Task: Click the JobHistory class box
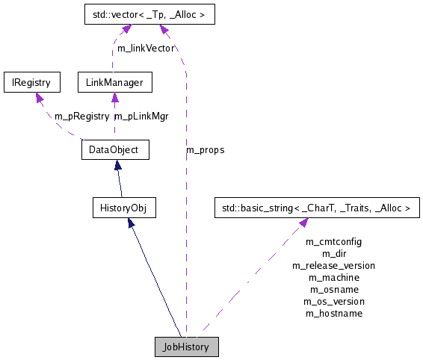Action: (x=186, y=347)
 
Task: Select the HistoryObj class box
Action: (x=123, y=208)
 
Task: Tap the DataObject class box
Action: (x=114, y=149)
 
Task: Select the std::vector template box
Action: (x=141, y=13)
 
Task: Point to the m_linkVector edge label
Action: (x=145, y=48)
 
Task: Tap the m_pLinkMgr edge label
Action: (x=141, y=116)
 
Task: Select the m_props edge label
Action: (x=206, y=149)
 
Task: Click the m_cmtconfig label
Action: (x=333, y=241)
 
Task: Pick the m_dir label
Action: (x=333, y=253)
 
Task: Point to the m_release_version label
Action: (x=333, y=265)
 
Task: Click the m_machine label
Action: (x=333, y=277)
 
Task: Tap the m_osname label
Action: (x=333, y=289)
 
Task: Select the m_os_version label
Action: (x=333, y=301)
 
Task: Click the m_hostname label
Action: (x=333, y=313)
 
